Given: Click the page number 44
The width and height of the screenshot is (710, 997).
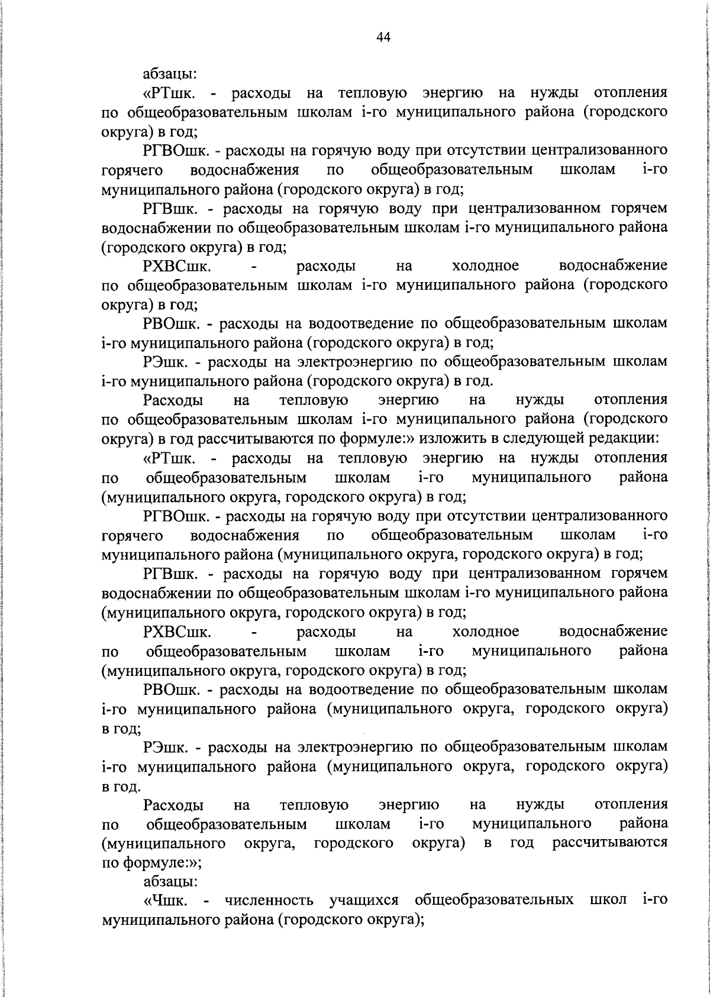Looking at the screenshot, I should [x=383, y=37].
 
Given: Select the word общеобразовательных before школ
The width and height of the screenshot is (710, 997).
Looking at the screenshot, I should [x=494, y=901].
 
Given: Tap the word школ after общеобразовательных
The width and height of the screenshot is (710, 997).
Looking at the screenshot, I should [x=608, y=901].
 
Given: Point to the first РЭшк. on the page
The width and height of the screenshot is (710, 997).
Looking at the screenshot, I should [x=169, y=361].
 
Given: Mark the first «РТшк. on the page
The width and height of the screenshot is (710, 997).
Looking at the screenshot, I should [x=172, y=93].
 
